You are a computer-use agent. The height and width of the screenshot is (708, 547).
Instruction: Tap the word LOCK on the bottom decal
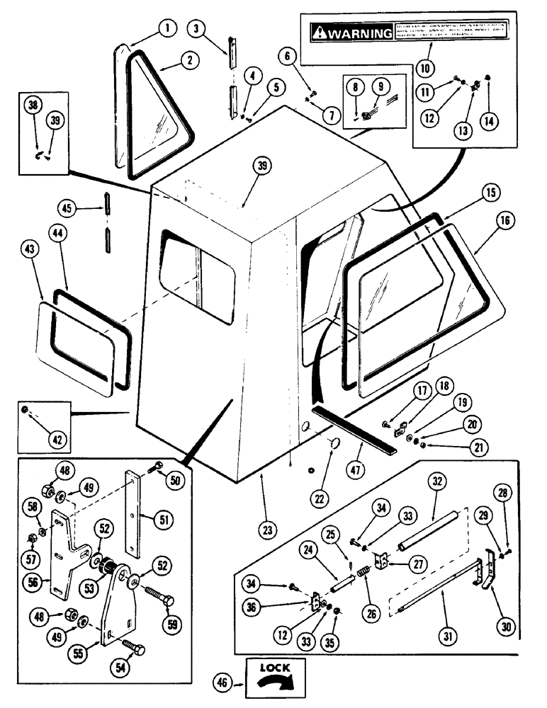(x=274, y=668)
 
